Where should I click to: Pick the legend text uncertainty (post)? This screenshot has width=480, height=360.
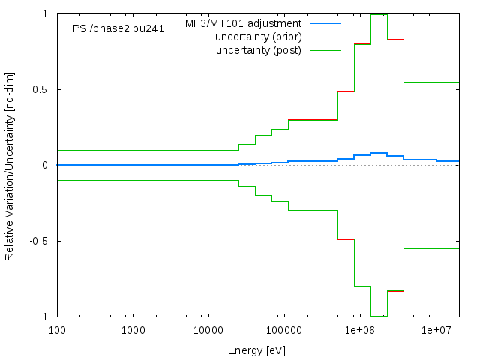point(258,50)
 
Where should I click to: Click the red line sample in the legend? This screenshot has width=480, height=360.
point(324,37)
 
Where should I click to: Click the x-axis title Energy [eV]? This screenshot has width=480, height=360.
point(256,350)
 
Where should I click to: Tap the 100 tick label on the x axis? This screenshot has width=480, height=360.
point(57,330)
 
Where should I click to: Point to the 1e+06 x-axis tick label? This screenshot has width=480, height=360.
point(360,330)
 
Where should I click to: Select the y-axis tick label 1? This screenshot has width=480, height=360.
point(46,14)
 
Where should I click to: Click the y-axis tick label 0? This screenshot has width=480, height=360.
point(46,166)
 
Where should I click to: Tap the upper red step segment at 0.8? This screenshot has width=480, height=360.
point(362,44)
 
